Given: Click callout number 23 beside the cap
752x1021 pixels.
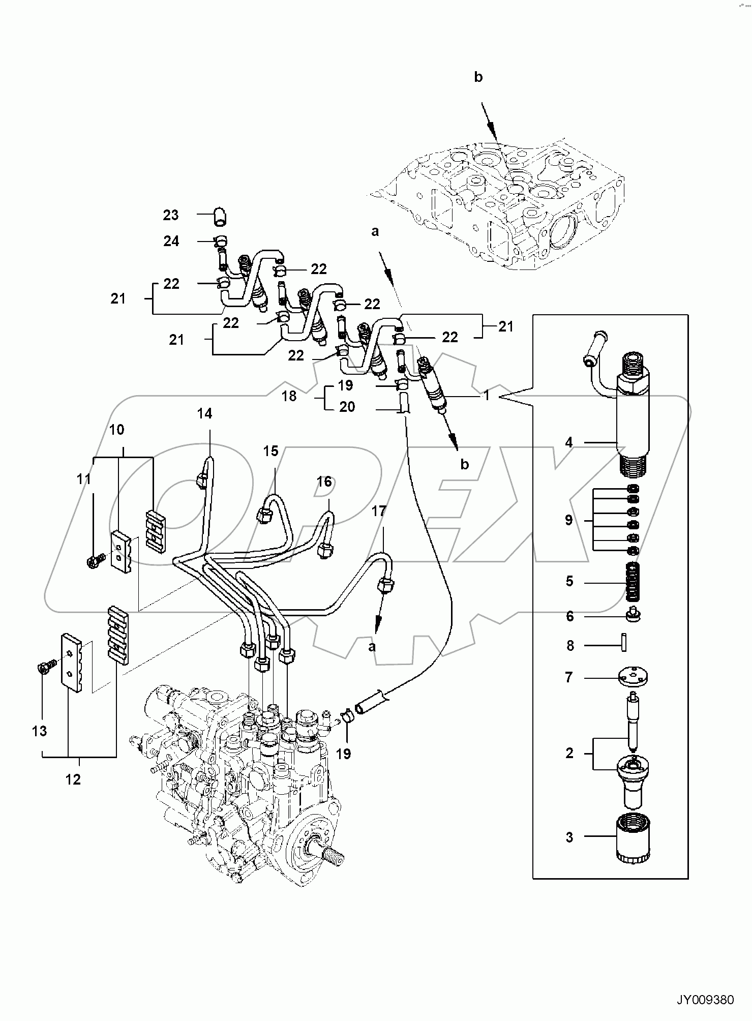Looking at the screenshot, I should (171, 215).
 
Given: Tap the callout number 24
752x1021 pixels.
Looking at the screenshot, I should (171, 241).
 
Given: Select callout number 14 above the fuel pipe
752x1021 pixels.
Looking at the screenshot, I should (204, 414).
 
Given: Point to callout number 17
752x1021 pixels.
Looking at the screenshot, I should (379, 511).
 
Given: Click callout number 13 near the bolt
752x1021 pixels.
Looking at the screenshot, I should (39, 731).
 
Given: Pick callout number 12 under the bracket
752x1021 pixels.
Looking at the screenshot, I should (73, 779).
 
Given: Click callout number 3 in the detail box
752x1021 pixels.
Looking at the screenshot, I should (569, 837).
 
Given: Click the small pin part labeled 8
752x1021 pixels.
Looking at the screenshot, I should (625, 645).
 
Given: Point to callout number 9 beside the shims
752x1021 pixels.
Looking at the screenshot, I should (568, 520).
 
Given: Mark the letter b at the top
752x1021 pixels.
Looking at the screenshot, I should (478, 77).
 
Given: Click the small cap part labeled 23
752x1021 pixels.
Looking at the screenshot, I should (219, 216).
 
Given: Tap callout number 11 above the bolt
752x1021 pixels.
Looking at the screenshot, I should (84, 479).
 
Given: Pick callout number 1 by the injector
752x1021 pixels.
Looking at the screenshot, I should (486, 395).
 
